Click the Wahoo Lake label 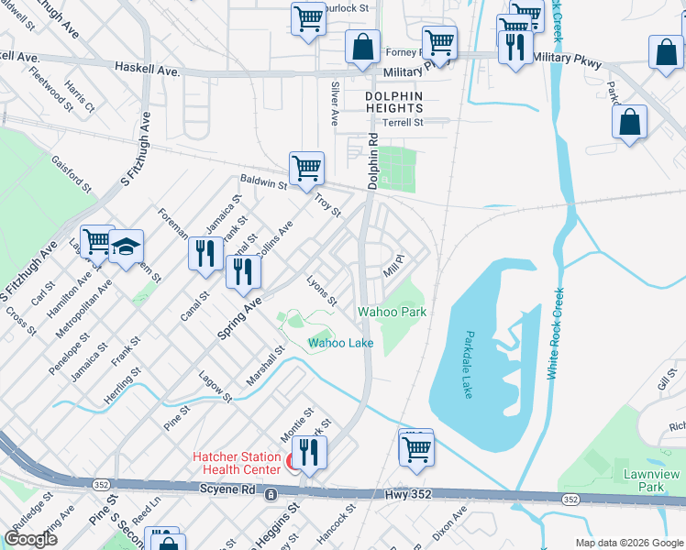coord(340,343)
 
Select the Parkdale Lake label coord(468,364)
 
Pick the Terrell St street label coord(403,123)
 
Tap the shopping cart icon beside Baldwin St coord(306,168)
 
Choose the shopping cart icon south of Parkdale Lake coord(415,449)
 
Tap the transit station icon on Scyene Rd coord(271,494)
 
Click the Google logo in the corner coord(31,539)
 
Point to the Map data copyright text coord(629,543)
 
